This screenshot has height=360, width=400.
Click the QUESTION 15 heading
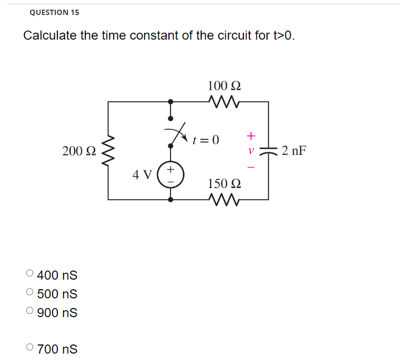pyautogui.click(x=54, y=12)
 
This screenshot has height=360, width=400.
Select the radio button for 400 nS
pyautogui.click(x=30, y=275)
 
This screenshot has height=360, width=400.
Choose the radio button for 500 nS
pyautogui.click(x=30, y=294)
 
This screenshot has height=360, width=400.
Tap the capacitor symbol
pyautogui.click(x=268, y=151)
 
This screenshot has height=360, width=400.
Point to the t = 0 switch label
pyautogui.click(x=206, y=140)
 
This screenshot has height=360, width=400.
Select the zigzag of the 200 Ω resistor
pyautogui.click(x=108, y=151)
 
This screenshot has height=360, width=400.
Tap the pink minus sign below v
pyautogui.click(x=250, y=167)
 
